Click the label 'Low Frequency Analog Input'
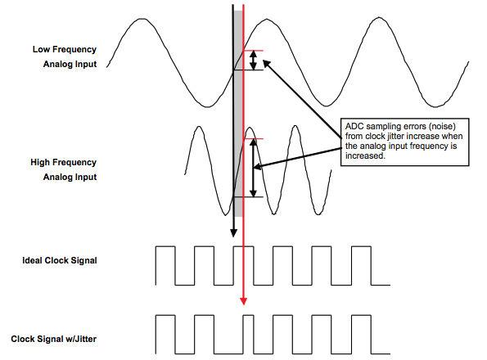pyautogui.click(x=65, y=56)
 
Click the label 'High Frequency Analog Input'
pyautogui.click(x=64, y=169)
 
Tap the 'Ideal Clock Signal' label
pyautogui.click(x=60, y=260)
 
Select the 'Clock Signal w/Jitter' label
pyautogui.click(x=54, y=339)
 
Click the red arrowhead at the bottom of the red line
pyautogui.click(x=244, y=301)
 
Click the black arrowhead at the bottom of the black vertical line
pyautogui.click(x=233, y=232)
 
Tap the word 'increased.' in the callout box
pyautogui.click(x=365, y=155)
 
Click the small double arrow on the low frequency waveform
pyautogui.click(x=254, y=61)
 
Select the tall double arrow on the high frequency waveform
pyautogui.click(x=254, y=168)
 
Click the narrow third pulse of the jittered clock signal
pyautogui.click(x=249, y=335)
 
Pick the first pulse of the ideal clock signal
pyautogui.click(x=165, y=265)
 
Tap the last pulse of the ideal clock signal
pyautogui.click(x=361, y=265)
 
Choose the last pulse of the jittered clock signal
pyautogui.click(x=361, y=335)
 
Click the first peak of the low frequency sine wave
pyautogui.click(x=143, y=20)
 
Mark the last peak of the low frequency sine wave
pyautogui.click(x=379, y=18)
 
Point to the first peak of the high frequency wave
pyautogui.click(x=199, y=127)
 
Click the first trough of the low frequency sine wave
pyautogui.click(x=207, y=106)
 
